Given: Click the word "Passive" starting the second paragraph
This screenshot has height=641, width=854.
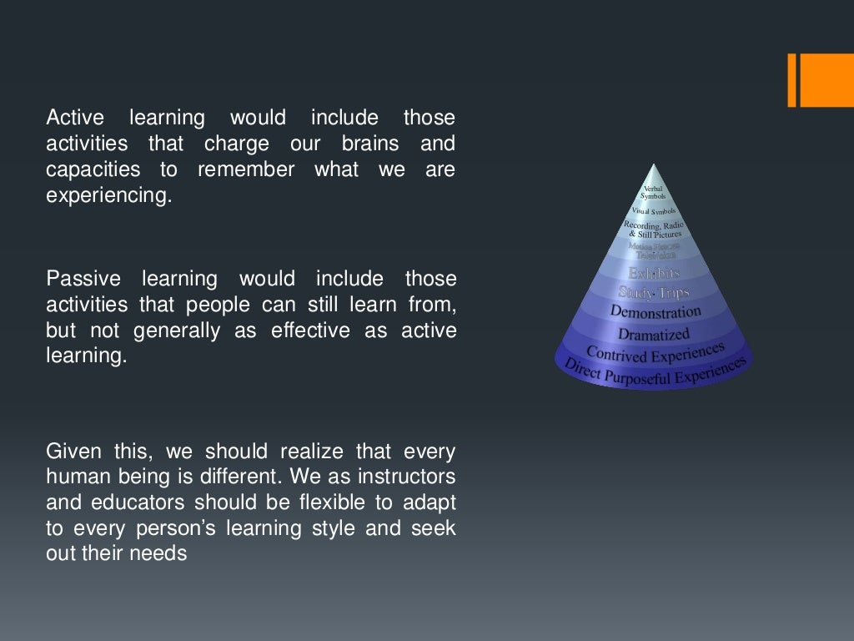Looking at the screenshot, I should tap(83, 279).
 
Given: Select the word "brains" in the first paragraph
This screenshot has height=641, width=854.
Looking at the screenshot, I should tap(369, 144).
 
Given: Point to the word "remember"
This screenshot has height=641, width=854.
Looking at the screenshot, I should tap(245, 170).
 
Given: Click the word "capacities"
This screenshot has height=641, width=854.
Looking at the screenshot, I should tap(93, 170).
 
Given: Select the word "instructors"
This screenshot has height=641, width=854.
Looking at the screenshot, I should tap(407, 478).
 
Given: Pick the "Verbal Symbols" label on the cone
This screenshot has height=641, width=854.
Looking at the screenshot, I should tap(653, 193).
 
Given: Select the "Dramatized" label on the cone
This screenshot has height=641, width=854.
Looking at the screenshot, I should tap(654, 334).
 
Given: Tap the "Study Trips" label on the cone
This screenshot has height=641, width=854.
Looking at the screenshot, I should tap(654, 292).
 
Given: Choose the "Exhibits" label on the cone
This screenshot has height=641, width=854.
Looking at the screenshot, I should tap(654, 273).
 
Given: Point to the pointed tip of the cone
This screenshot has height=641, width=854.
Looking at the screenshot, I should tap(655, 165).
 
